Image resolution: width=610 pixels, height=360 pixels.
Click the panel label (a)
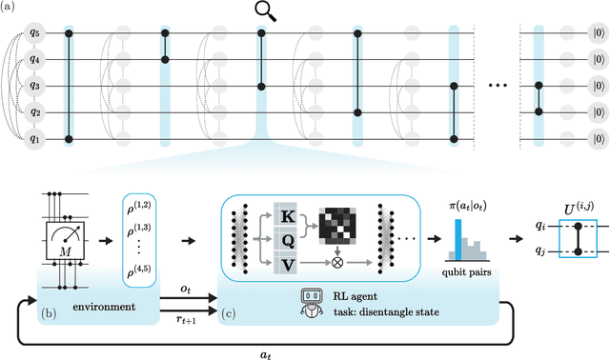(x=10, y=10)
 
